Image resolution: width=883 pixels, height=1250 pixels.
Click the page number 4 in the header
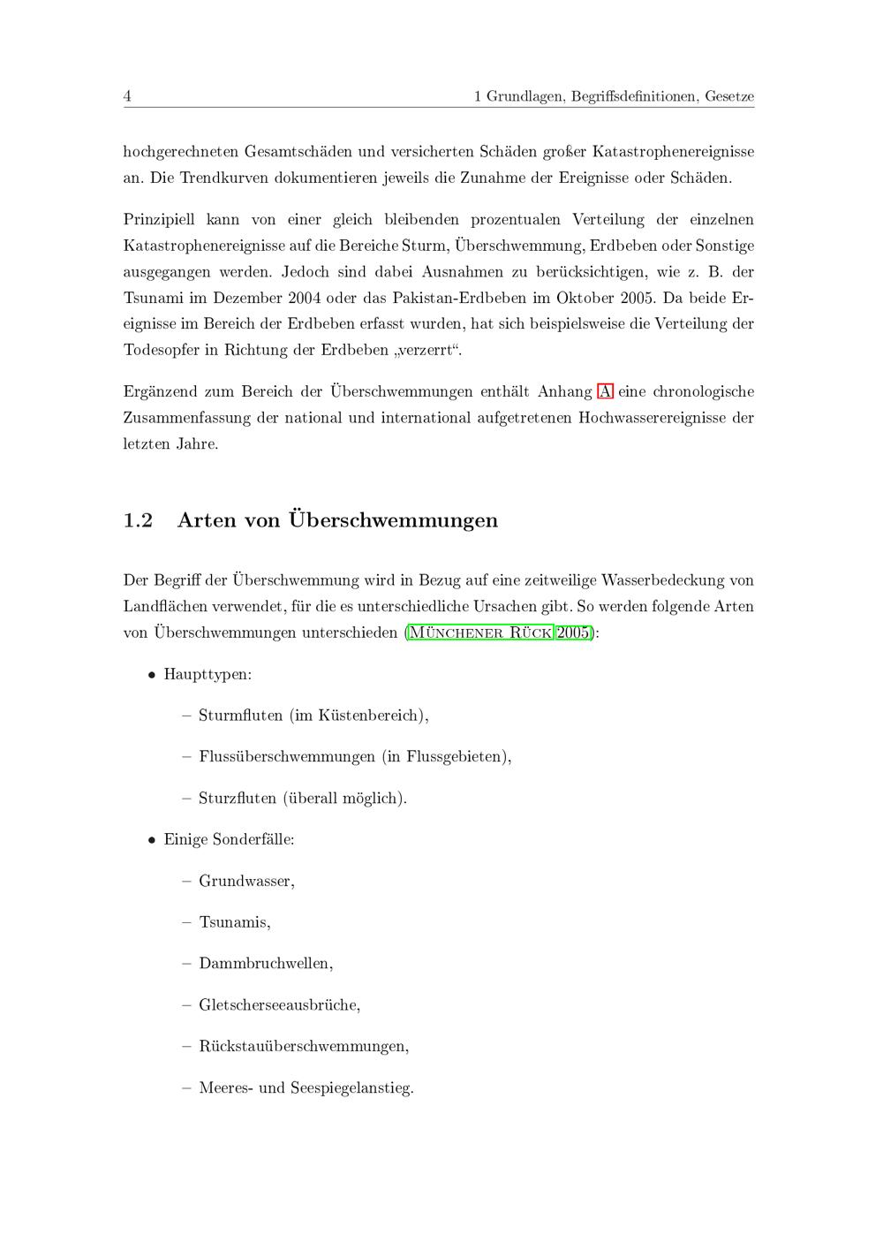tap(127, 96)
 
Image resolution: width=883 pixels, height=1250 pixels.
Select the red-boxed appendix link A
tap(605, 391)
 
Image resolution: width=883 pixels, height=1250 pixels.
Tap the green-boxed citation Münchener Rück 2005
tap(499, 633)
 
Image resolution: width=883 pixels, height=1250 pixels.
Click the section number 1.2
tap(138, 520)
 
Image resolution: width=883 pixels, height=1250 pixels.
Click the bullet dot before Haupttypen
tap(152, 675)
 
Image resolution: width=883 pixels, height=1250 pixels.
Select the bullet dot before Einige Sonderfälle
tap(152, 840)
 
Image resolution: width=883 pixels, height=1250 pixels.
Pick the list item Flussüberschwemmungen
tap(287, 757)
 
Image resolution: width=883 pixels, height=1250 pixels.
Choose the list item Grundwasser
tap(245, 882)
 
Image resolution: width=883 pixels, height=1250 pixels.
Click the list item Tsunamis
tap(234, 922)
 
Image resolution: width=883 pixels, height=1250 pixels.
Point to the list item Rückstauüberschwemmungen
tap(303, 1047)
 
